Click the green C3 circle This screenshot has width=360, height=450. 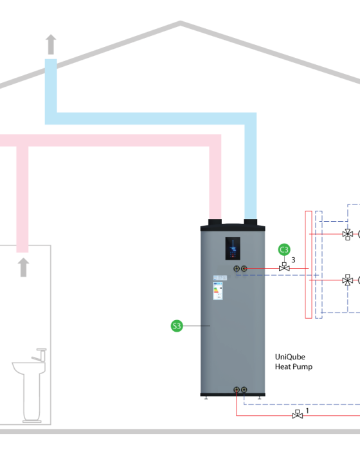click(284, 249)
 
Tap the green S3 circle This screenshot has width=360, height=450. click(177, 326)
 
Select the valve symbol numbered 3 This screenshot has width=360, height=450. click(284, 267)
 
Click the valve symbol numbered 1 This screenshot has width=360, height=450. click(298, 415)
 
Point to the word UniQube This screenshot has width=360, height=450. click(290, 357)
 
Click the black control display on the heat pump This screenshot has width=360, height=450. click(233, 249)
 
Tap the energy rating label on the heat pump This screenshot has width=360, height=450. click(218, 291)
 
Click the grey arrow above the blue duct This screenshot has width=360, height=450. click(51, 44)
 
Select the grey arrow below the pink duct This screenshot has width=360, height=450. click(23, 267)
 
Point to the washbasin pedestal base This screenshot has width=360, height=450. click(32, 421)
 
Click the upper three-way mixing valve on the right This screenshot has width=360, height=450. click(348, 234)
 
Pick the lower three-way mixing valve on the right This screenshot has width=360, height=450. click(348, 280)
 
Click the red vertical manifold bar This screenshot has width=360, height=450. click(309, 265)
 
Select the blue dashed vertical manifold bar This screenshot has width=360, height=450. click(319, 265)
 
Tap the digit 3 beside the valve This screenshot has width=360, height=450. click(293, 260)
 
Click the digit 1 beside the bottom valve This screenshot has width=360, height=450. click(307, 411)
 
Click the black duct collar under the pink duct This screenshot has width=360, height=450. click(215, 222)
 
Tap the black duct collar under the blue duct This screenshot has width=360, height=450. click(250, 222)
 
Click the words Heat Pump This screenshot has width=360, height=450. click(294, 367)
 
